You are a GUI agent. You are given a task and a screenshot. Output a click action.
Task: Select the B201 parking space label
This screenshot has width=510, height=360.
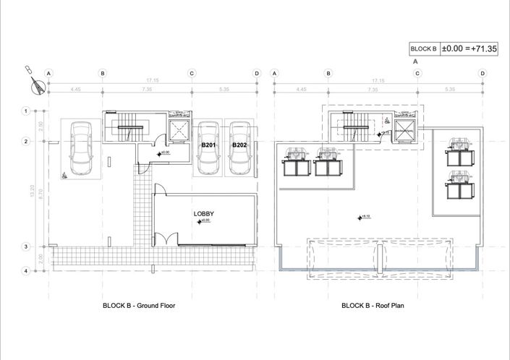tap(210, 145)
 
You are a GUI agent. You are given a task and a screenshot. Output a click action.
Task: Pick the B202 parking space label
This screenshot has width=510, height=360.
tap(239, 145)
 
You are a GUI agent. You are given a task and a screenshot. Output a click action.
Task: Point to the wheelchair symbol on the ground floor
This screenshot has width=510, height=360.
tap(64, 174)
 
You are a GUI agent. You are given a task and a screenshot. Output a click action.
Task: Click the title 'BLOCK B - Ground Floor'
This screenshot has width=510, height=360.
tap(139, 306)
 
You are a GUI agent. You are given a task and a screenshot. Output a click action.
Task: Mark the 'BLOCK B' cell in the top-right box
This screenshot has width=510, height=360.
tap(424, 49)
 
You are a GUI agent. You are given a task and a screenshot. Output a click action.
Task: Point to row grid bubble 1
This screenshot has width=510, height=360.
tap(25, 111)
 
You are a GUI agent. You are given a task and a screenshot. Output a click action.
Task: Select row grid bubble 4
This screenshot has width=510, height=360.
tap(25, 271)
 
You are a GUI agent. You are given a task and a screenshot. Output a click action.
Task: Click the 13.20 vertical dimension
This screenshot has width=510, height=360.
tap(31, 191)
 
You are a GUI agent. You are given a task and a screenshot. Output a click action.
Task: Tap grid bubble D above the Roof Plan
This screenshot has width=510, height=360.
tap(483, 73)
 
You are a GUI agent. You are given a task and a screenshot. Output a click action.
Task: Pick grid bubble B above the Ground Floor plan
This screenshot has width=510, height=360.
tap(103, 73)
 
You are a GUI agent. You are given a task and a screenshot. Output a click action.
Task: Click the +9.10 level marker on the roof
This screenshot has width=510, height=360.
tap(364, 216)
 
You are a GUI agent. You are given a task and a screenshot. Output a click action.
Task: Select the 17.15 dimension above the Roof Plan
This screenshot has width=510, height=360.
tap(377, 81)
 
